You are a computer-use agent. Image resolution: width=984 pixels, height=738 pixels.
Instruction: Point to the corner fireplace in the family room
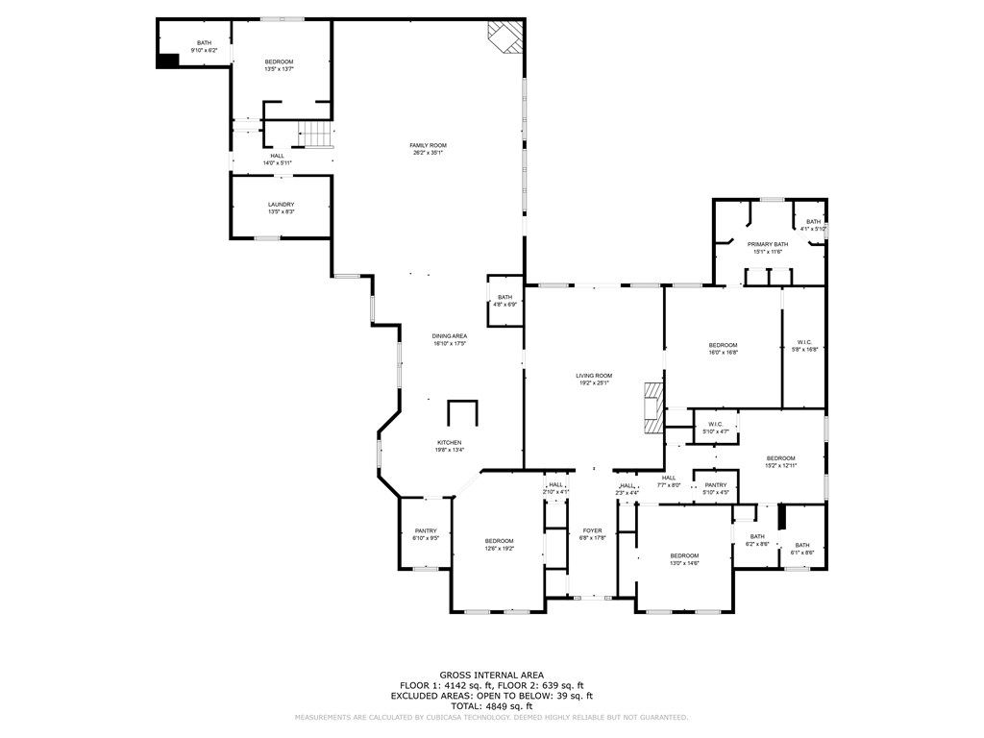click(505, 37)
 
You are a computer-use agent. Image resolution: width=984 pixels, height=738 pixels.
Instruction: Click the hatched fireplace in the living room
click(653, 406)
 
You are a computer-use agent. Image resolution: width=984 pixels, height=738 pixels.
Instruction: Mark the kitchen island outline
click(462, 413)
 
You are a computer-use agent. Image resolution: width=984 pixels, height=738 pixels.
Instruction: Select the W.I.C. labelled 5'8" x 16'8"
click(804, 346)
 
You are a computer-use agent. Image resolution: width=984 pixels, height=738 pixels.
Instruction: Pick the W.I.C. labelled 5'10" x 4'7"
click(715, 428)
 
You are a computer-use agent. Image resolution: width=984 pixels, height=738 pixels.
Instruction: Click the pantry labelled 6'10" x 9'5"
click(426, 534)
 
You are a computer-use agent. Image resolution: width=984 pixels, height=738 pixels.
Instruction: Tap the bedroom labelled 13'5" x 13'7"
click(280, 65)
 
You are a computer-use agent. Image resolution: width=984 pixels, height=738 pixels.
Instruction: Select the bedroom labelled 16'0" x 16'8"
click(723, 349)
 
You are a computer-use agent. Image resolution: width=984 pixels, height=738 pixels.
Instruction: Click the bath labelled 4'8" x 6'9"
click(504, 301)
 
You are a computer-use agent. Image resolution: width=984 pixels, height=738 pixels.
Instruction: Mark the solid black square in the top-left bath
click(167, 61)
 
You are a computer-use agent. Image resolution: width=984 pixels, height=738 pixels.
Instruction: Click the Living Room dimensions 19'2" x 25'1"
click(594, 383)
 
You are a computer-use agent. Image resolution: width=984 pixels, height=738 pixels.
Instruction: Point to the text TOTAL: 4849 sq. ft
click(492, 705)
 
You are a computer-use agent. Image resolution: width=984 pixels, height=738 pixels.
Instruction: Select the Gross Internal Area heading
click(492, 676)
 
